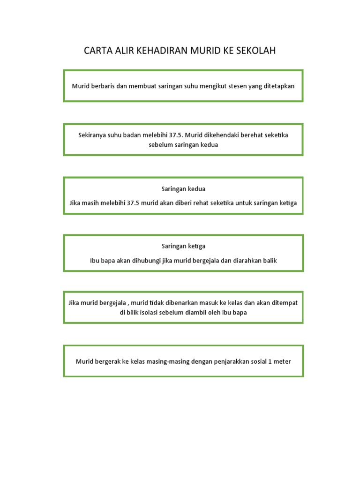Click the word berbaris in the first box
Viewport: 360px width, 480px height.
click(104, 86)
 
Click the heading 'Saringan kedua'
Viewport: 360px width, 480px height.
click(183, 189)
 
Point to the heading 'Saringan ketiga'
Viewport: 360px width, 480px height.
click(183, 246)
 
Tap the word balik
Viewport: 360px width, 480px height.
click(269, 261)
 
